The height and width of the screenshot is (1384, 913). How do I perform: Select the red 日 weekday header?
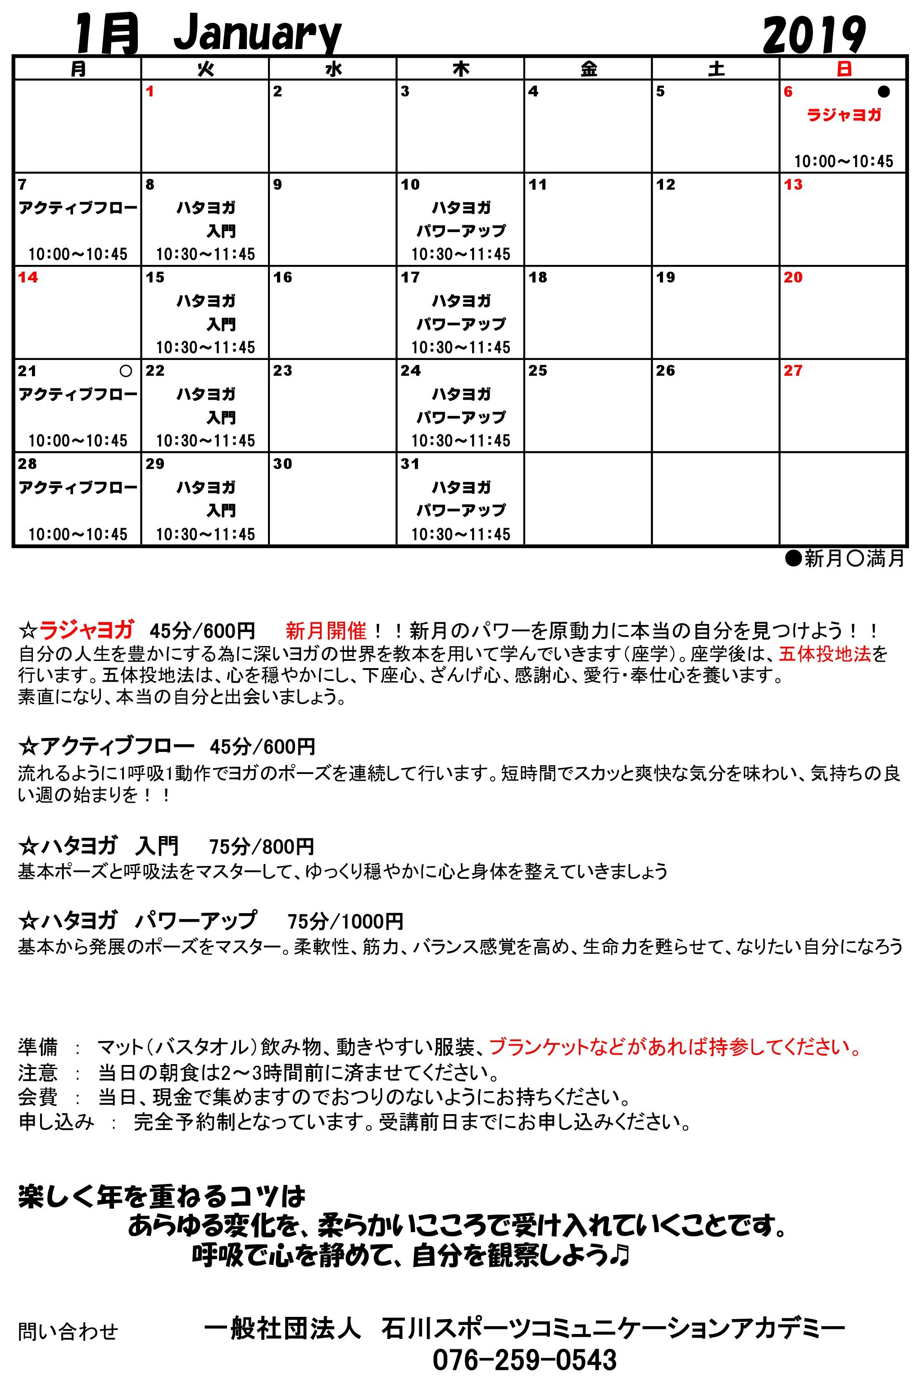coord(844,69)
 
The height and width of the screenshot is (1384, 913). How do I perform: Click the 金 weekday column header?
coord(588,69)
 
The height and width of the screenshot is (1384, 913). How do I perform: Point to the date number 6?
coord(788,92)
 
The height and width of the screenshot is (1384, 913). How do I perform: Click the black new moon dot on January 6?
coord(883,92)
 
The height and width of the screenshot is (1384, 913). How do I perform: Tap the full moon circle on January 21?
coord(126,371)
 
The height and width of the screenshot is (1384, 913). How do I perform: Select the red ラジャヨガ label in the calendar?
coord(844,115)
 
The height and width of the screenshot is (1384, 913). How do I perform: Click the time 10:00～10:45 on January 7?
coord(77,255)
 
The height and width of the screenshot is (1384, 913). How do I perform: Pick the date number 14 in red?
coord(28,278)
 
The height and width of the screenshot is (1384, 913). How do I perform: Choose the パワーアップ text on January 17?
coord(461,324)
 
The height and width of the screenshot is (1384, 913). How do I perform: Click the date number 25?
coord(537,371)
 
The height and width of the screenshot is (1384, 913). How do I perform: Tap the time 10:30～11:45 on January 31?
coord(461,534)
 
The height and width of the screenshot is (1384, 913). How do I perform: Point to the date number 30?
coord(282,464)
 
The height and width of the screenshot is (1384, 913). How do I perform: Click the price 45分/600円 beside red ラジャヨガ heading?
coord(202,631)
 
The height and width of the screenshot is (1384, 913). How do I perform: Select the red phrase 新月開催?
coord(326,631)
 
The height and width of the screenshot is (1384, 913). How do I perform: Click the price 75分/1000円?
coord(345,922)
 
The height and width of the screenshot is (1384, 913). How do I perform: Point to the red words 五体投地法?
coord(825,654)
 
